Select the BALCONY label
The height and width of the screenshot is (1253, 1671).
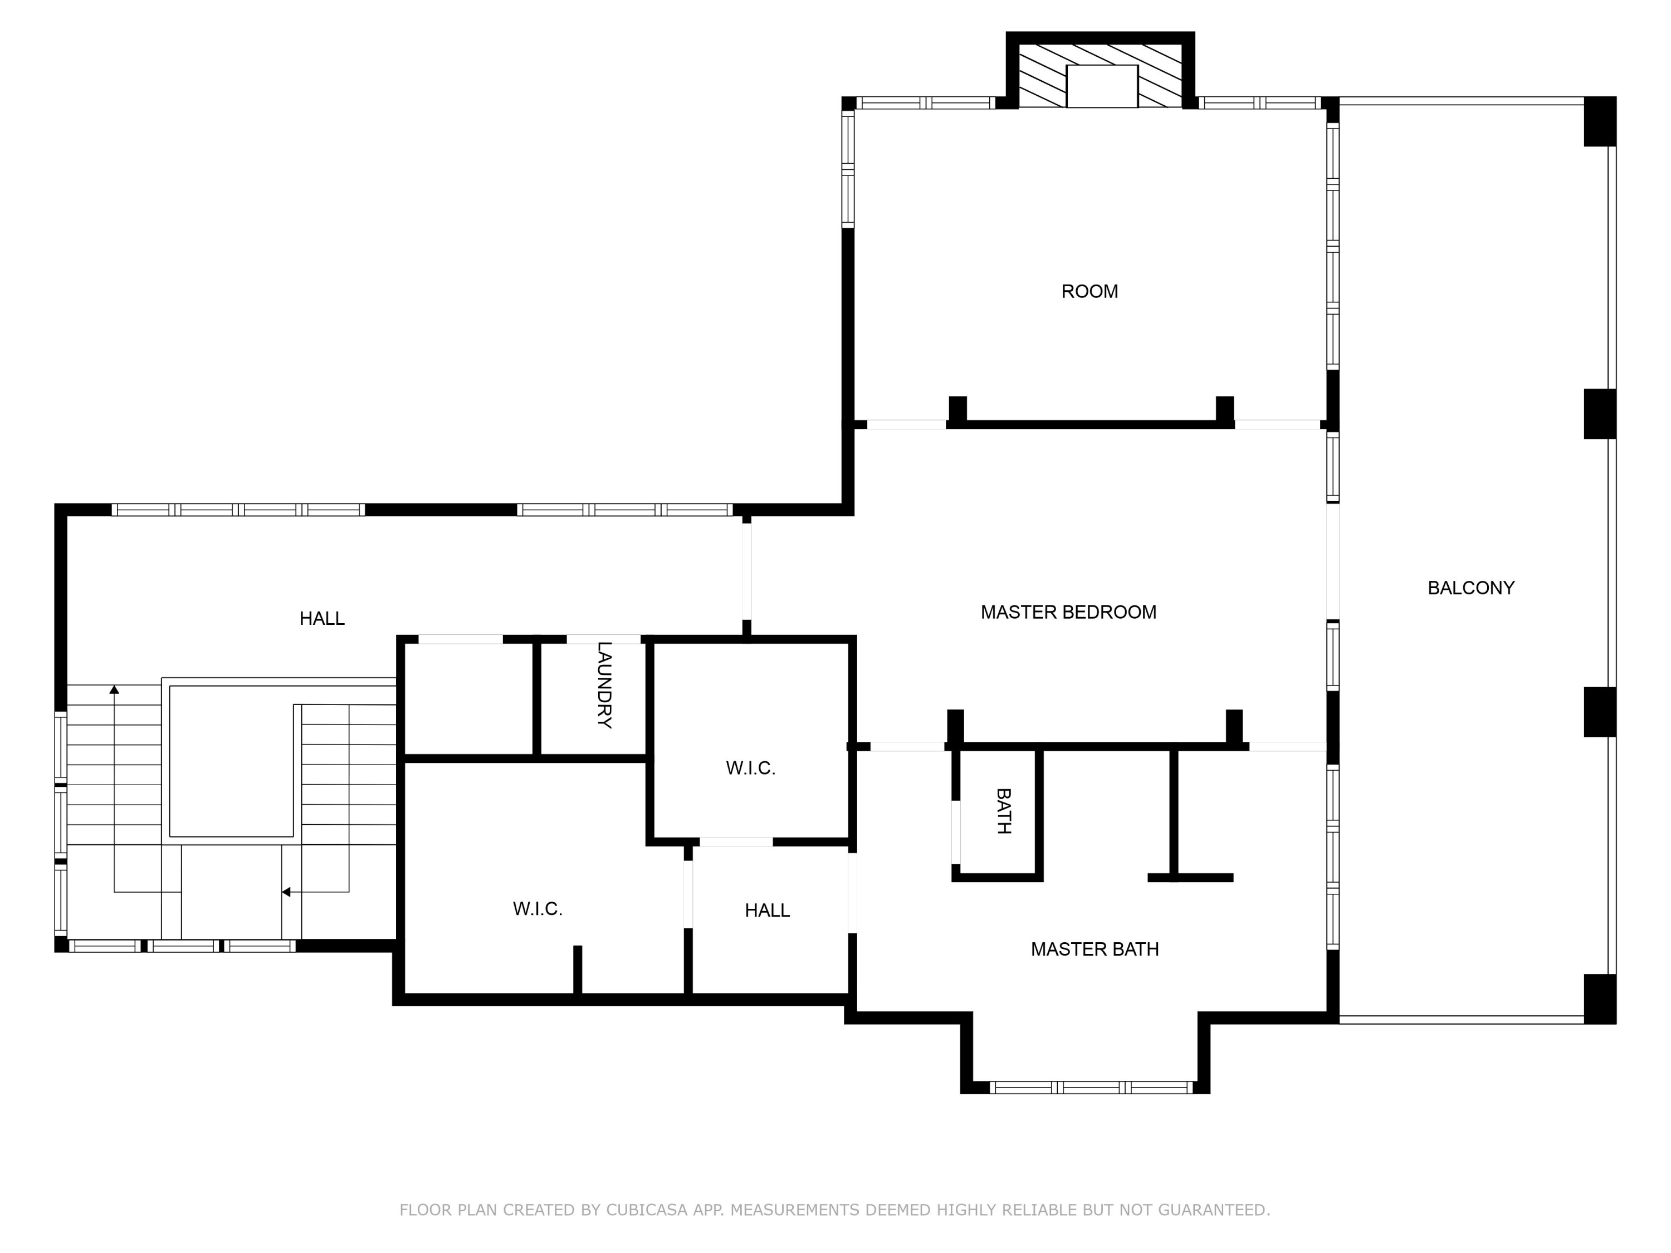click(x=1470, y=588)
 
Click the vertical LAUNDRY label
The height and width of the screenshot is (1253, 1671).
click(x=604, y=684)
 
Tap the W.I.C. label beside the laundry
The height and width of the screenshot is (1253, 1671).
click(x=750, y=768)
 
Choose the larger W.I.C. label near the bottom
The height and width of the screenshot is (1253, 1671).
click(x=537, y=909)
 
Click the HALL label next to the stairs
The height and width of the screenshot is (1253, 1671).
click(x=322, y=619)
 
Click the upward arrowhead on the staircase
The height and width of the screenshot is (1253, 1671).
click(x=114, y=689)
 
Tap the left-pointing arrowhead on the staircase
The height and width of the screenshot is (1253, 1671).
click(x=286, y=892)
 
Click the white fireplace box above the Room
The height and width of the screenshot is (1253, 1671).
click(x=1101, y=86)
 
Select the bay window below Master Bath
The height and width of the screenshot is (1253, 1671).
click(x=1090, y=1088)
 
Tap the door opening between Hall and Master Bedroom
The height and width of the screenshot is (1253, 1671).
click(x=746, y=572)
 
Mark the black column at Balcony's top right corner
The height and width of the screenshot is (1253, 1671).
click(x=1599, y=121)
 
